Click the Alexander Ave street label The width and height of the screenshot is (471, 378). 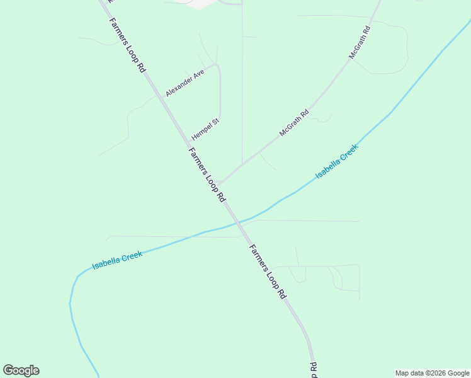coord(185,83)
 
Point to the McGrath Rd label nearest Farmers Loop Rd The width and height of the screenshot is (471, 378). coord(295,124)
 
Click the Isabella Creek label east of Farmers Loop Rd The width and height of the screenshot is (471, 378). coord(336,161)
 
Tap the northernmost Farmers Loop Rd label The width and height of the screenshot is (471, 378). coord(127,45)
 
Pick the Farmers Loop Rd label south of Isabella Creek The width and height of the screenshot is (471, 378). coord(268,271)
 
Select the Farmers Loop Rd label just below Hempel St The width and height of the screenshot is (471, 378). coord(207,175)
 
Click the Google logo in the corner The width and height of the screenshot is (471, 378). coord(21,370)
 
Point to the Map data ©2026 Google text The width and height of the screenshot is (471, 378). coord(432,373)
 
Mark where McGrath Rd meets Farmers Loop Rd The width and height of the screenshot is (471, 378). coord(217,185)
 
